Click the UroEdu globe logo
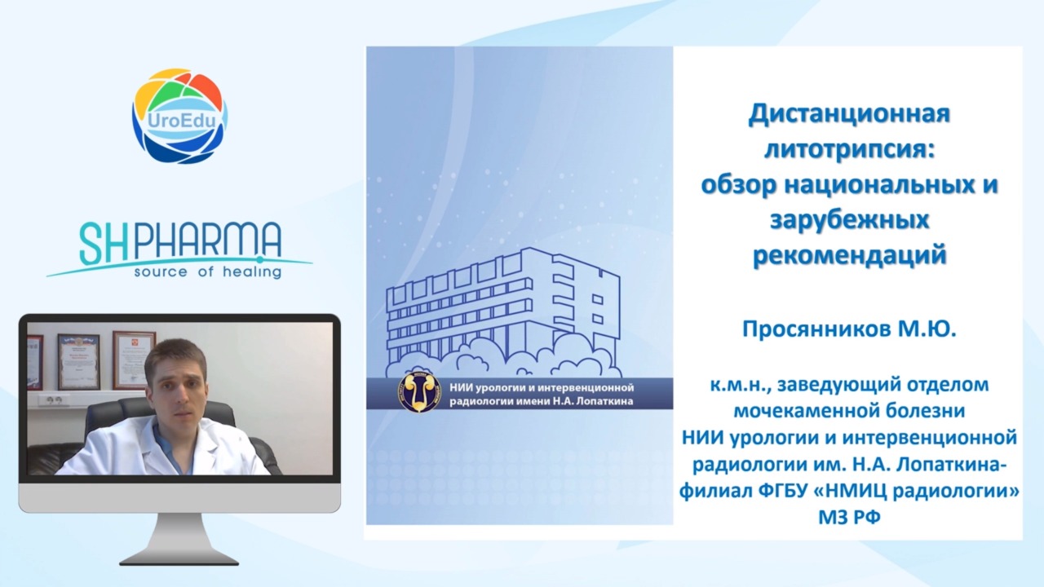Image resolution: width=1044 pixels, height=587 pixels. point(180,116)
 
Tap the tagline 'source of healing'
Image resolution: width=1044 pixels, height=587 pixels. point(208,272)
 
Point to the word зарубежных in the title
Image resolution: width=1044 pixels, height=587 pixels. point(849,220)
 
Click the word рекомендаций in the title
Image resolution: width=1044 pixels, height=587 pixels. point(849,255)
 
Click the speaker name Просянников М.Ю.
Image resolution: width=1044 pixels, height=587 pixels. point(849,330)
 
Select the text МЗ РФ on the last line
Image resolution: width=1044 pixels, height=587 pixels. point(849,518)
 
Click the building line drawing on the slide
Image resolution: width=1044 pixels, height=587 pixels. point(504,313)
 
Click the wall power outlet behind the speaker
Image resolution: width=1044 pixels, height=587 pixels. point(54,400)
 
